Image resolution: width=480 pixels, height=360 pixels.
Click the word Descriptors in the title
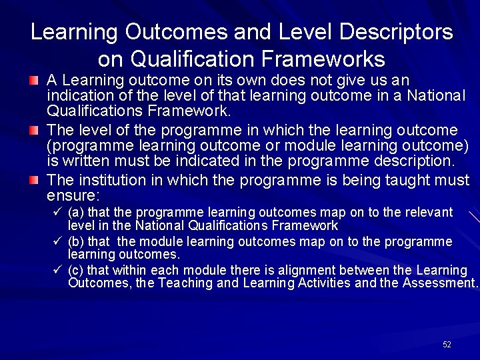point(395,32)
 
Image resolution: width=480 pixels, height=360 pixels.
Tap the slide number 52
point(447,344)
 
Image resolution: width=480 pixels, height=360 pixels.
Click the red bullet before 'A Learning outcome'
point(34,81)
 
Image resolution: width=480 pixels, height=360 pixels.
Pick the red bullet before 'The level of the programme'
point(34,130)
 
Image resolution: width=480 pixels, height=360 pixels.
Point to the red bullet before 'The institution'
point(34,180)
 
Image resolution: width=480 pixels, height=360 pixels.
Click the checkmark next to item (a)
point(58,212)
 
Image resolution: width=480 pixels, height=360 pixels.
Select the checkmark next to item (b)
point(58,241)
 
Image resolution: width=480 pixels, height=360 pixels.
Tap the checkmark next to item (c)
point(58,270)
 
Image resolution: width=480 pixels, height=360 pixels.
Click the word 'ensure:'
point(73,195)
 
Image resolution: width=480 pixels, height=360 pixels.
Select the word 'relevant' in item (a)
point(428,213)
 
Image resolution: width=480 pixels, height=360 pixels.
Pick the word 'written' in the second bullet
point(85,161)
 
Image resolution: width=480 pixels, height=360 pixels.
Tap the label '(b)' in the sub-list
point(76,241)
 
